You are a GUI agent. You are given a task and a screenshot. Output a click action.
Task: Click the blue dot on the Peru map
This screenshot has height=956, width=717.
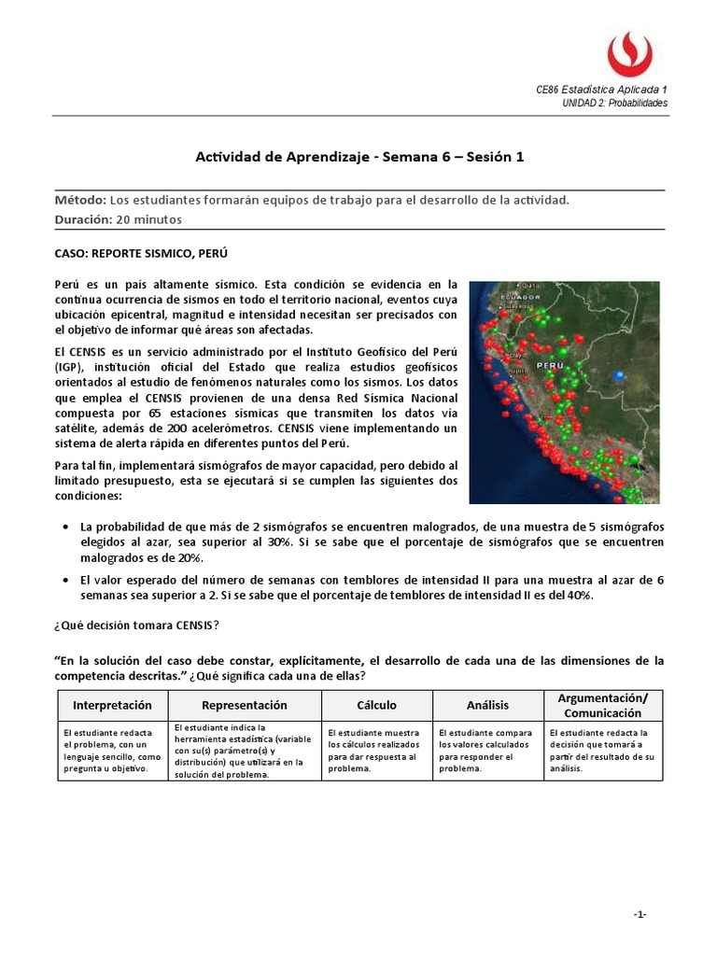pos(618,374)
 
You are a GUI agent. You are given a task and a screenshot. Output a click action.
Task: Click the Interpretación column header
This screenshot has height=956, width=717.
pos(107,705)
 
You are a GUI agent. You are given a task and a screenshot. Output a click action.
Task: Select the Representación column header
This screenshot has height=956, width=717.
pos(245,705)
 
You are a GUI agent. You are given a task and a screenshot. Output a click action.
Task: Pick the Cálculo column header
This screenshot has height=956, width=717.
pos(376,705)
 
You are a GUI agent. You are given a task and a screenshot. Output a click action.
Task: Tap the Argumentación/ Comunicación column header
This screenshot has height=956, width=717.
pos(602,705)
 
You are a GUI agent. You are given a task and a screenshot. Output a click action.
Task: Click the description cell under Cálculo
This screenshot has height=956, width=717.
pos(376,751)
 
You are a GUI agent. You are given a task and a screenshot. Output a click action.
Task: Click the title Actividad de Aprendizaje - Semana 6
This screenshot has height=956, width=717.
pos(359,157)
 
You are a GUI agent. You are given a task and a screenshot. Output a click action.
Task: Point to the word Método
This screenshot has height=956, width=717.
pos(80,200)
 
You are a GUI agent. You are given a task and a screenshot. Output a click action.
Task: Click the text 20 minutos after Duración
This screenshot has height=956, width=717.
pos(148,219)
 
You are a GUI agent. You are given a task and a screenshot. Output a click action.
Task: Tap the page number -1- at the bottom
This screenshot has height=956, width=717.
pos(640,914)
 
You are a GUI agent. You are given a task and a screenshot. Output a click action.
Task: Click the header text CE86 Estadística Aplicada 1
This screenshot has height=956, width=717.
pos(601,90)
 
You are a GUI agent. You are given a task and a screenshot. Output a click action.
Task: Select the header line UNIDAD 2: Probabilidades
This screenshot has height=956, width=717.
pos(614,103)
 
